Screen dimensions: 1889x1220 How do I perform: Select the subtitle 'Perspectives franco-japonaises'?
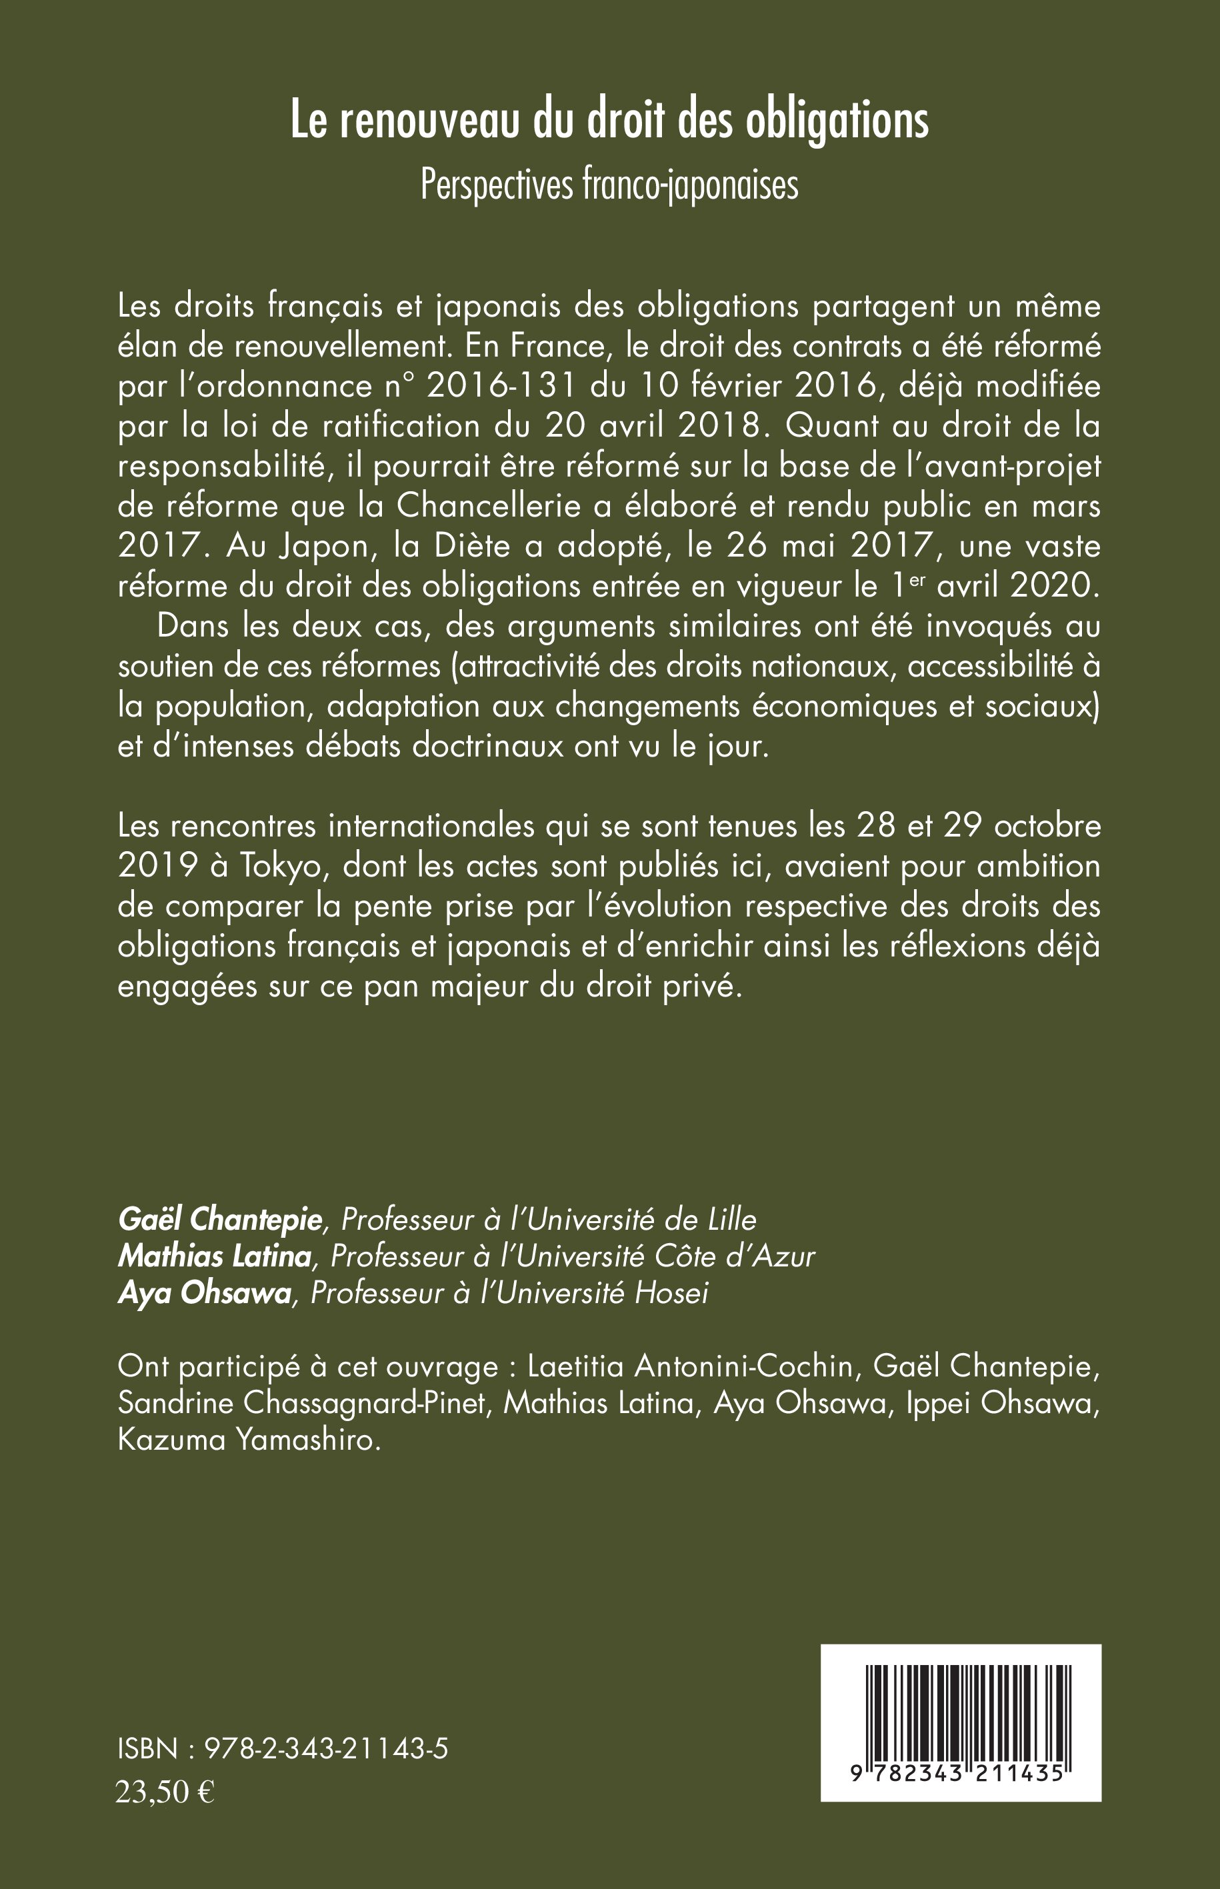coord(609,185)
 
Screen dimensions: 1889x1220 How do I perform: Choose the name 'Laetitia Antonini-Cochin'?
coord(690,1366)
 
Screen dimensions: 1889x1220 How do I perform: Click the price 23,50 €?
coord(165,1792)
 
